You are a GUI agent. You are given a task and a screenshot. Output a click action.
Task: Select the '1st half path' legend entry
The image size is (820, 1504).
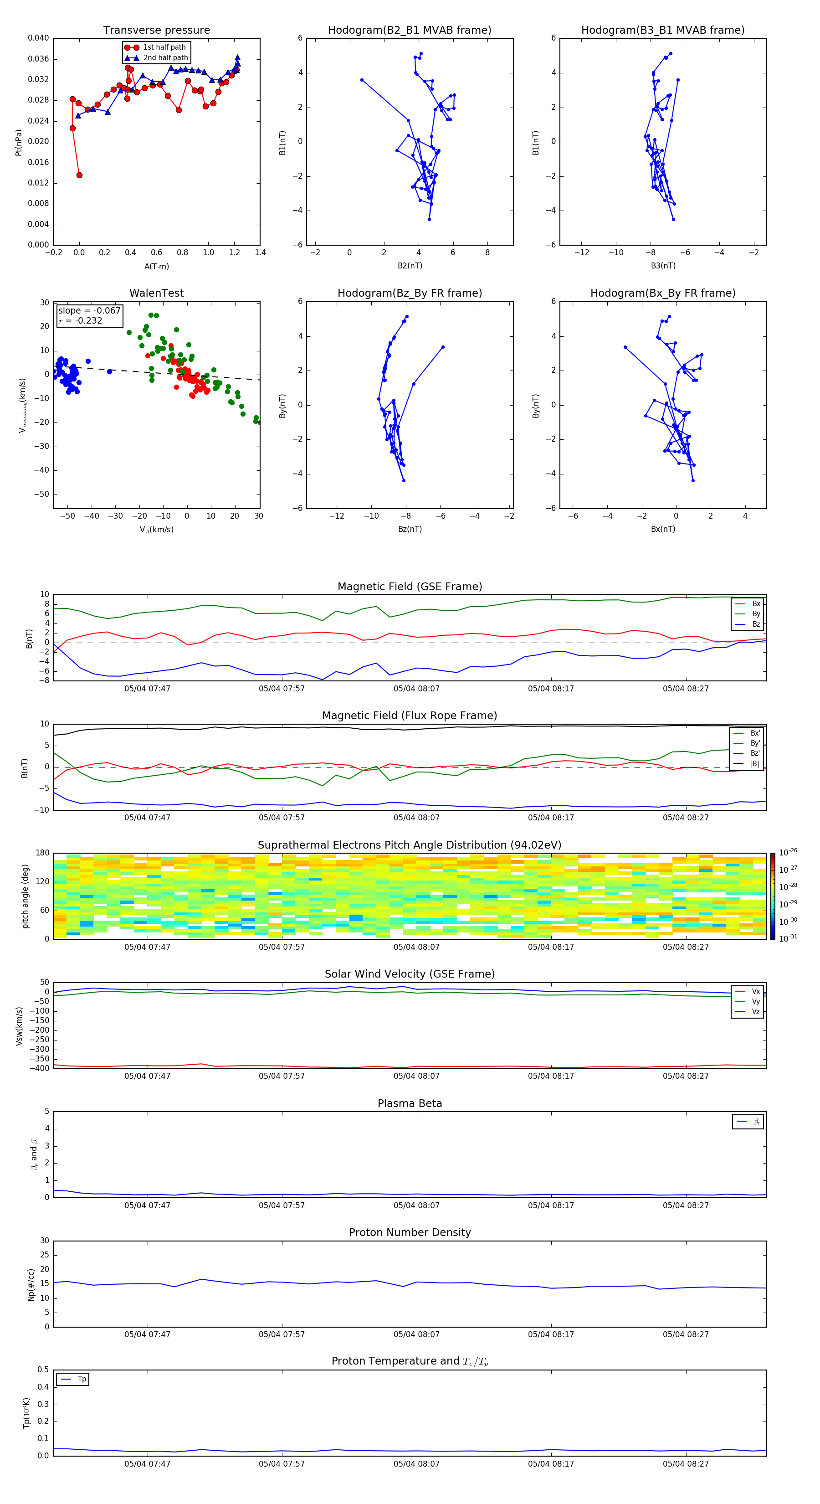point(164,47)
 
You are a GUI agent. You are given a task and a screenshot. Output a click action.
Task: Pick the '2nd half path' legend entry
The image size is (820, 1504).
point(165,58)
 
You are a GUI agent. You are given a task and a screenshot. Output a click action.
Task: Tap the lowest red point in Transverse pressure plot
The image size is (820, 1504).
point(79,175)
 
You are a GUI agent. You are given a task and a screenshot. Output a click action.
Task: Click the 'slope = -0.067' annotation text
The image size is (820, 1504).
point(89,311)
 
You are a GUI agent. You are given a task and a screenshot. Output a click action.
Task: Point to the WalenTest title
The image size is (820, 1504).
point(156,293)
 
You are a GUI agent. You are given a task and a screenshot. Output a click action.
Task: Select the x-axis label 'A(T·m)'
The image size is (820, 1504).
point(156,267)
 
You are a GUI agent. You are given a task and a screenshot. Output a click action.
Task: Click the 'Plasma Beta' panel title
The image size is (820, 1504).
point(409,1103)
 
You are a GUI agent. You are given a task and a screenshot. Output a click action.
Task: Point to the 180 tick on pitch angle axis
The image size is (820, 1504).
point(43,853)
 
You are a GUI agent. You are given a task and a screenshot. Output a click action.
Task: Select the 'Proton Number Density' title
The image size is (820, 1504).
point(409,1232)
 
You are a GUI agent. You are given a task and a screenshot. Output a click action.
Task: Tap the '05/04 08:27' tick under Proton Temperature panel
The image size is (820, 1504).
point(685,1464)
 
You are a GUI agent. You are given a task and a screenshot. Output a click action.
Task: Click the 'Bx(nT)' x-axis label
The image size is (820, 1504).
point(662,529)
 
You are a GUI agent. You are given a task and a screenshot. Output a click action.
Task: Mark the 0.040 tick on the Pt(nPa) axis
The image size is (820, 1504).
point(38,38)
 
